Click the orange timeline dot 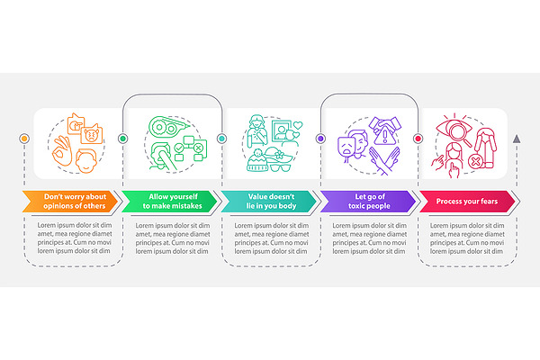[24, 139]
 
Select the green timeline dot [123, 139]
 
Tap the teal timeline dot [221, 139]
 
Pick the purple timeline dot [320, 139]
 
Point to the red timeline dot [418, 139]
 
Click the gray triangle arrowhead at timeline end [517, 139]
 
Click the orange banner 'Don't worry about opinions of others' [69, 202]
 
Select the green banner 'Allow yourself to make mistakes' [169, 202]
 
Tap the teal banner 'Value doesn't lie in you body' [268, 202]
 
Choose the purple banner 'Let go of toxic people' [367, 202]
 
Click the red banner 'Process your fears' [466, 202]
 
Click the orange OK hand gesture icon [62, 151]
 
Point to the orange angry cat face [92, 134]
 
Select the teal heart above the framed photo [298, 125]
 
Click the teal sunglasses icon [280, 167]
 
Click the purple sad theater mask [346, 147]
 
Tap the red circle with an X [475, 161]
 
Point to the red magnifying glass [462, 134]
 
